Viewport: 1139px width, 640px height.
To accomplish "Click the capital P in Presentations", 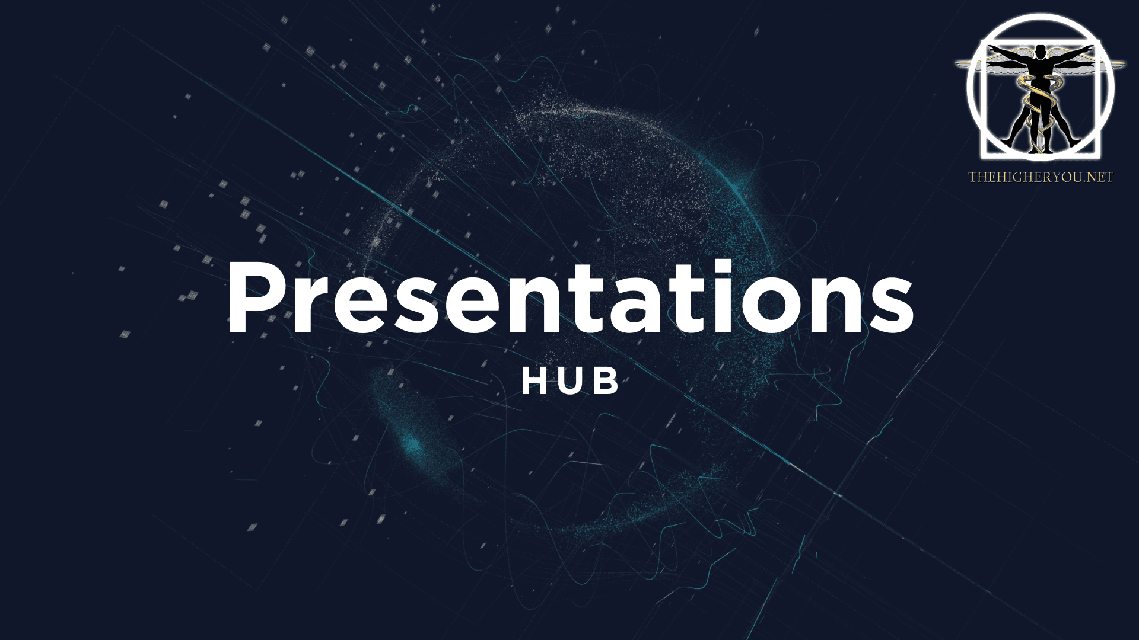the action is point(257,297).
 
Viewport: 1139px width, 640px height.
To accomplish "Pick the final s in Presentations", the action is point(892,307).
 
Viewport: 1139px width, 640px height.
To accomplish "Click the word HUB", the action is point(571,382).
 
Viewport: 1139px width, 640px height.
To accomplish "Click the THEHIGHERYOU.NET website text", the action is point(1041,177).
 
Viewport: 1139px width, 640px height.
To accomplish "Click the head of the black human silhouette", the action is point(1039,50).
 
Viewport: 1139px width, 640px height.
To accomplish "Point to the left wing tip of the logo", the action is point(957,63).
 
